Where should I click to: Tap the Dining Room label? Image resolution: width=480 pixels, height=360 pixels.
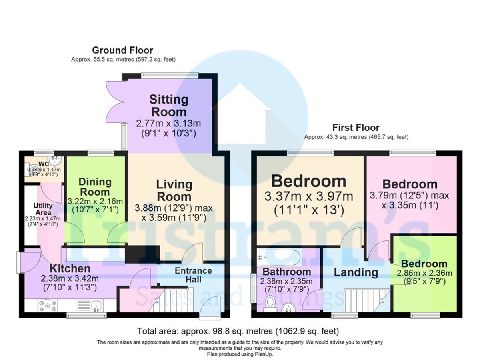click(95, 186)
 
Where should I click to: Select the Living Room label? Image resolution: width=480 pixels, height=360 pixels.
click(174, 190)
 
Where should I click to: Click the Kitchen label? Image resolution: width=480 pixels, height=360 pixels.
click(70, 268)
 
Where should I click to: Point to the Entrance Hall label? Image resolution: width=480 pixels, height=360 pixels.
click(193, 275)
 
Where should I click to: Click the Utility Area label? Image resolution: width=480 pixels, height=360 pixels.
click(43, 209)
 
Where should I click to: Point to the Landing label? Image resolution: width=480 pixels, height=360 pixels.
click(356, 272)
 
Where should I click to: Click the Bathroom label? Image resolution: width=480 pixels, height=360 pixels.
click(286, 272)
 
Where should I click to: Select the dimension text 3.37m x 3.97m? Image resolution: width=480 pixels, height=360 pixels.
click(308, 196)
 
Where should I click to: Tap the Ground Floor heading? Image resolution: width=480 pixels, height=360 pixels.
click(122, 50)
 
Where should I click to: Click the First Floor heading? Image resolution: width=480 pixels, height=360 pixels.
click(356, 128)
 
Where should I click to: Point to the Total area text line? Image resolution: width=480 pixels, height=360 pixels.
click(238, 331)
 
